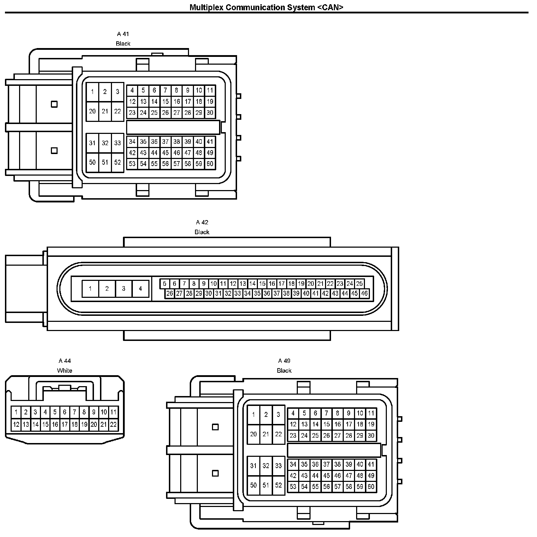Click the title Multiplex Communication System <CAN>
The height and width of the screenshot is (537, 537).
coord(266,7)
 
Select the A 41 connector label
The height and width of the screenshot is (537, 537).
coord(123,34)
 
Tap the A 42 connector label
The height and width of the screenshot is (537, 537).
coord(202,222)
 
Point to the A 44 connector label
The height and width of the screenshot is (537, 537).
coord(65,361)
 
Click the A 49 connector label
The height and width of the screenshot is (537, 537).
coord(284,361)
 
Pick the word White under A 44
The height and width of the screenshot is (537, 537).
coord(65,371)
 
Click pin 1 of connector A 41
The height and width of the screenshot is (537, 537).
coord(92,92)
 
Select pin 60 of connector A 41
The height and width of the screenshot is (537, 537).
coord(210,164)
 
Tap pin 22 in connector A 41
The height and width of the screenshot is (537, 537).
coord(118,111)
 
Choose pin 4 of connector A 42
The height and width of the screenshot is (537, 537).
coord(140,289)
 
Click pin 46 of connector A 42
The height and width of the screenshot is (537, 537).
coord(364,293)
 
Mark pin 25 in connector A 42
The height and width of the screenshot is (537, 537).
coord(359,284)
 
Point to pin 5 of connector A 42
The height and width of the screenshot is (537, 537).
coord(165,284)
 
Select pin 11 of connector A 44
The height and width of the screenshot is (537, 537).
coord(113,412)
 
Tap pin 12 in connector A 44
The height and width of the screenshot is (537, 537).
coord(16,425)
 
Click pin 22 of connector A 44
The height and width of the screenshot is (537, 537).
coord(113,425)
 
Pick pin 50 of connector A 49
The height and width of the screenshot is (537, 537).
coord(253,485)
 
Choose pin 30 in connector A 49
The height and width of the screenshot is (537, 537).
coord(371,436)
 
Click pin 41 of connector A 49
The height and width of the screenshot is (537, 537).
coord(371,465)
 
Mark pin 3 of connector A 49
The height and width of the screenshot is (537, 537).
coord(278,414)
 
